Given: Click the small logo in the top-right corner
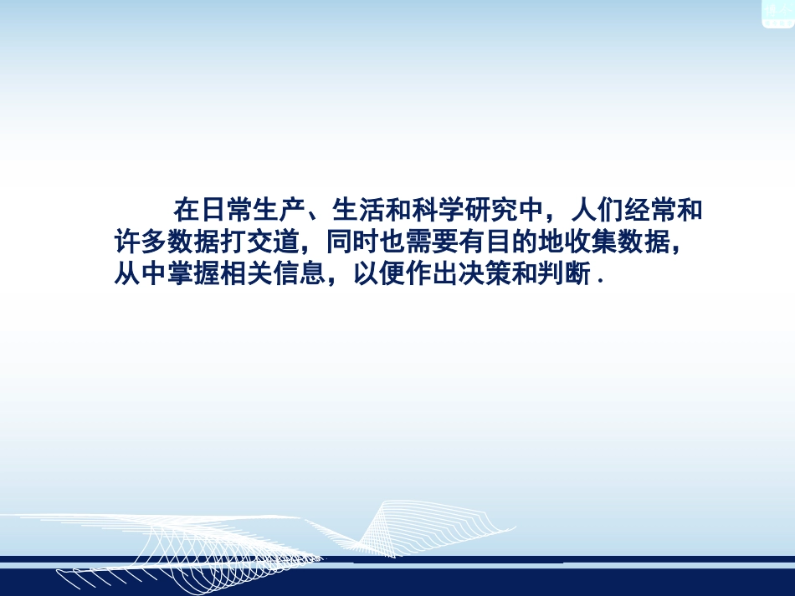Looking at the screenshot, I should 777,13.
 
